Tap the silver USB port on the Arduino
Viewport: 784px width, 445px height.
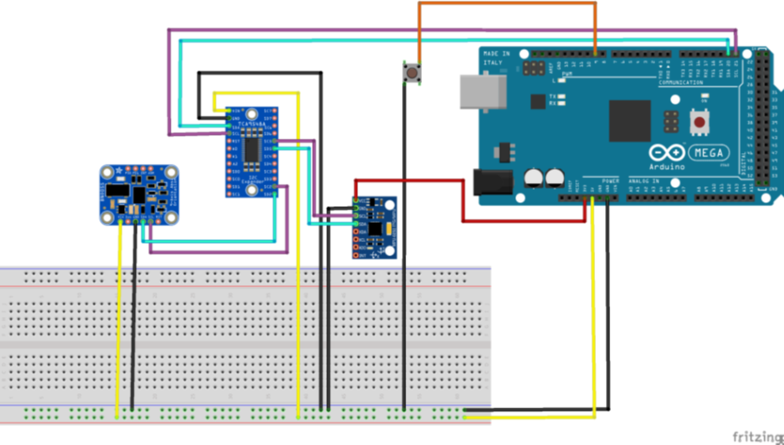[x=482, y=92]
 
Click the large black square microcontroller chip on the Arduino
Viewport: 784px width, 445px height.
[x=629, y=121]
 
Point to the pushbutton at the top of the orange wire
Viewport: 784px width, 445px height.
[x=411, y=73]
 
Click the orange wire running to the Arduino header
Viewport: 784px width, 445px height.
[x=508, y=4]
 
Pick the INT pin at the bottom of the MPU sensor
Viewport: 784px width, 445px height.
[x=357, y=255]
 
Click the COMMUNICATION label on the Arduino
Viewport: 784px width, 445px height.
[x=681, y=83]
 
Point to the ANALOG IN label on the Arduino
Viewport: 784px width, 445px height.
[x=644, y=180]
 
